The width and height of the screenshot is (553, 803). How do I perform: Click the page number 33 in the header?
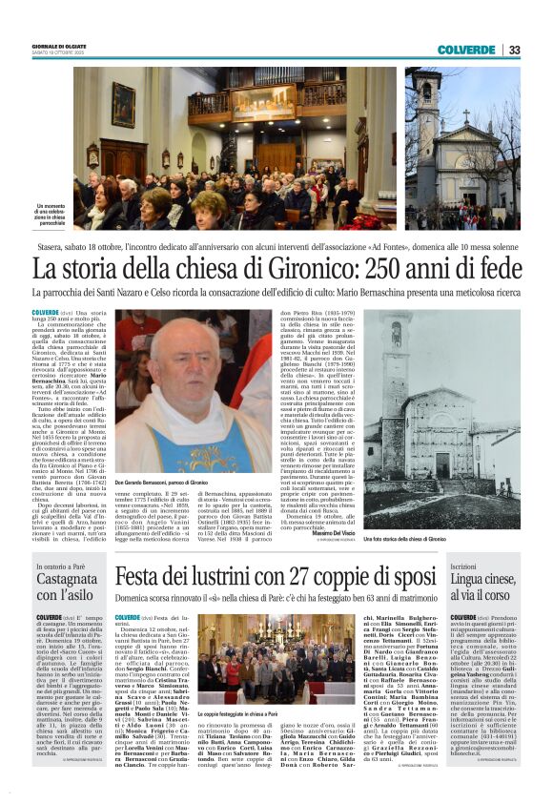[x=515, y=50]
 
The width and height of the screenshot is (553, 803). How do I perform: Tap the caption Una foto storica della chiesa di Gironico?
[x=456, y=511]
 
